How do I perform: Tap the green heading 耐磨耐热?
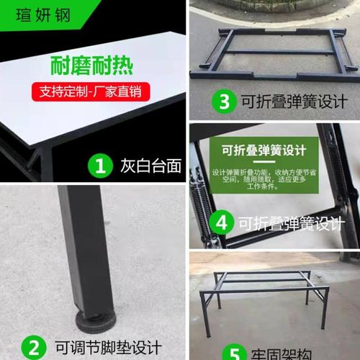[92, 68]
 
